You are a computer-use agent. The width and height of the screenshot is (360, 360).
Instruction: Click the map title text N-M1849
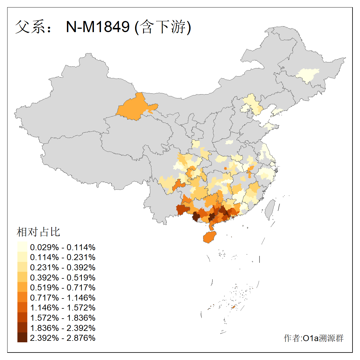pos(98,27)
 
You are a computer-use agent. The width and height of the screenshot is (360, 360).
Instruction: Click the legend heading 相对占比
pos(38,232)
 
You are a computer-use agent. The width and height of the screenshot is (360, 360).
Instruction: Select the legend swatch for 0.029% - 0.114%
pos(22,247)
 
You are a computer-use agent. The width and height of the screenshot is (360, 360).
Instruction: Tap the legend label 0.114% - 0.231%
pos(63,257)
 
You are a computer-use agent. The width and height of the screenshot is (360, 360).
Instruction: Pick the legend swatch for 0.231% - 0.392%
pos(22,267)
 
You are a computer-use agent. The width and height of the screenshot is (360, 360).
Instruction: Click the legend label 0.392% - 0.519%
pos(63,277)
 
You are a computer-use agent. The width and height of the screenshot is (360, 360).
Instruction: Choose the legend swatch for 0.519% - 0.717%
pos(22,287)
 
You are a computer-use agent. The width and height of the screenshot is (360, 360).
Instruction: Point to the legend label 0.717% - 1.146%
pos(63,298)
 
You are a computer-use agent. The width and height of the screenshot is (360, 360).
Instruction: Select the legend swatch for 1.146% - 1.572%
pos(22,307)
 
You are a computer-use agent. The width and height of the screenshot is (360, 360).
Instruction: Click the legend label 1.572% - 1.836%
pos(63,318)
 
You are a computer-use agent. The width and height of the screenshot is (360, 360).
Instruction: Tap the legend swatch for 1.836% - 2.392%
pos(22,328)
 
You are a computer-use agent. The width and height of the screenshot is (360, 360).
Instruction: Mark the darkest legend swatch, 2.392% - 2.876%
pos(22,338)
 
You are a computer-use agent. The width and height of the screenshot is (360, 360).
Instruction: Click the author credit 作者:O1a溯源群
pos(313,338)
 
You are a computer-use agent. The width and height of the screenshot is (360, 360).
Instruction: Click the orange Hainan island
pos(210,237)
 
